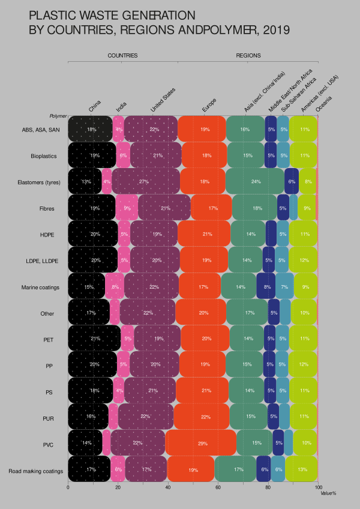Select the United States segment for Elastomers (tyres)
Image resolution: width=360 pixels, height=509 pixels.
point(146,181)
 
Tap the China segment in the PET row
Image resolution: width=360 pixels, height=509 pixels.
point(94,339)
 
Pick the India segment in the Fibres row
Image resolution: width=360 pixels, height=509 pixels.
point(127,208)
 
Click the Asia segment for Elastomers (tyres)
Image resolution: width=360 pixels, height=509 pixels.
point(255,181)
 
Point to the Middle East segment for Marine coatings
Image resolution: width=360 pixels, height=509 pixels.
point(266,286)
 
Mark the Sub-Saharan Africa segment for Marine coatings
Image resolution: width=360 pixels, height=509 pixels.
point(284,286)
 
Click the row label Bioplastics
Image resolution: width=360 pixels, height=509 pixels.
point(44,155)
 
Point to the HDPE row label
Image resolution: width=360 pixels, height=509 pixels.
point(49,234)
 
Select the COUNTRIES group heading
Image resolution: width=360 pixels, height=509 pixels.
point(122,55)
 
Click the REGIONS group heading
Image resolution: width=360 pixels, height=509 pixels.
point(248,55)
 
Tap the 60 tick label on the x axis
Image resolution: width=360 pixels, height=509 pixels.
point(218,487)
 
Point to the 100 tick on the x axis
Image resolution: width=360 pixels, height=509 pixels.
point(318,487)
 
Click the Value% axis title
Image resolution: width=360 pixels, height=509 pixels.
point(328,493)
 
